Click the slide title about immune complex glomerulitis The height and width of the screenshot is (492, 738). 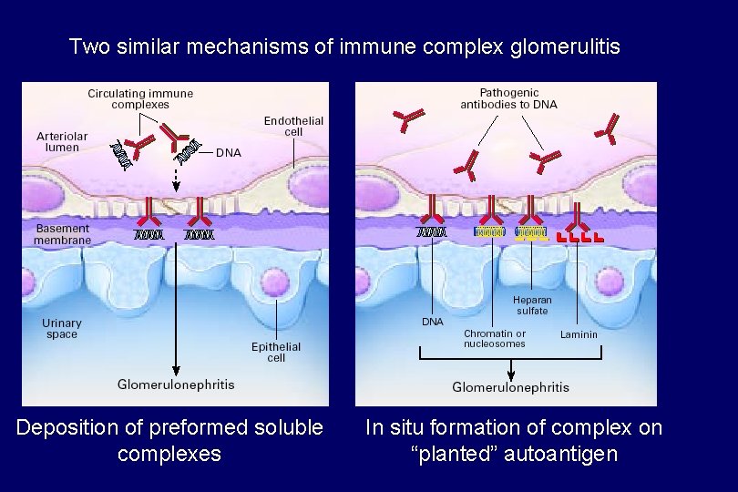344,46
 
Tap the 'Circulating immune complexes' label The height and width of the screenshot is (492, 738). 140,98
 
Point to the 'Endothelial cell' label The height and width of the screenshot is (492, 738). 293,127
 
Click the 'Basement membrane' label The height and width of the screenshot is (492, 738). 62,234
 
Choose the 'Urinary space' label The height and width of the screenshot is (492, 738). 61,329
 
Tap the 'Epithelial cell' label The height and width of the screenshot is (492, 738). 276,352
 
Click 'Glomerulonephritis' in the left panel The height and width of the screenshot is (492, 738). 176,384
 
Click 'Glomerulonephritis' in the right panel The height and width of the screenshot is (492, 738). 510,387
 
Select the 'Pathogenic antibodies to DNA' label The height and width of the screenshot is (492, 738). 508,98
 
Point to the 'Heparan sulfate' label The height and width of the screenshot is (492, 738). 532,305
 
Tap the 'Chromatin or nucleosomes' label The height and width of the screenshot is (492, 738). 494,339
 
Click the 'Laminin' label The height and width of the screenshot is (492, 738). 579,334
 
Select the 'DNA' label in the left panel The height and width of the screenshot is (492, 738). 229,153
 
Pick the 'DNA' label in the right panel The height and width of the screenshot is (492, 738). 432,322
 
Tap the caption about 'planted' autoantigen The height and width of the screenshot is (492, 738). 513,440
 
